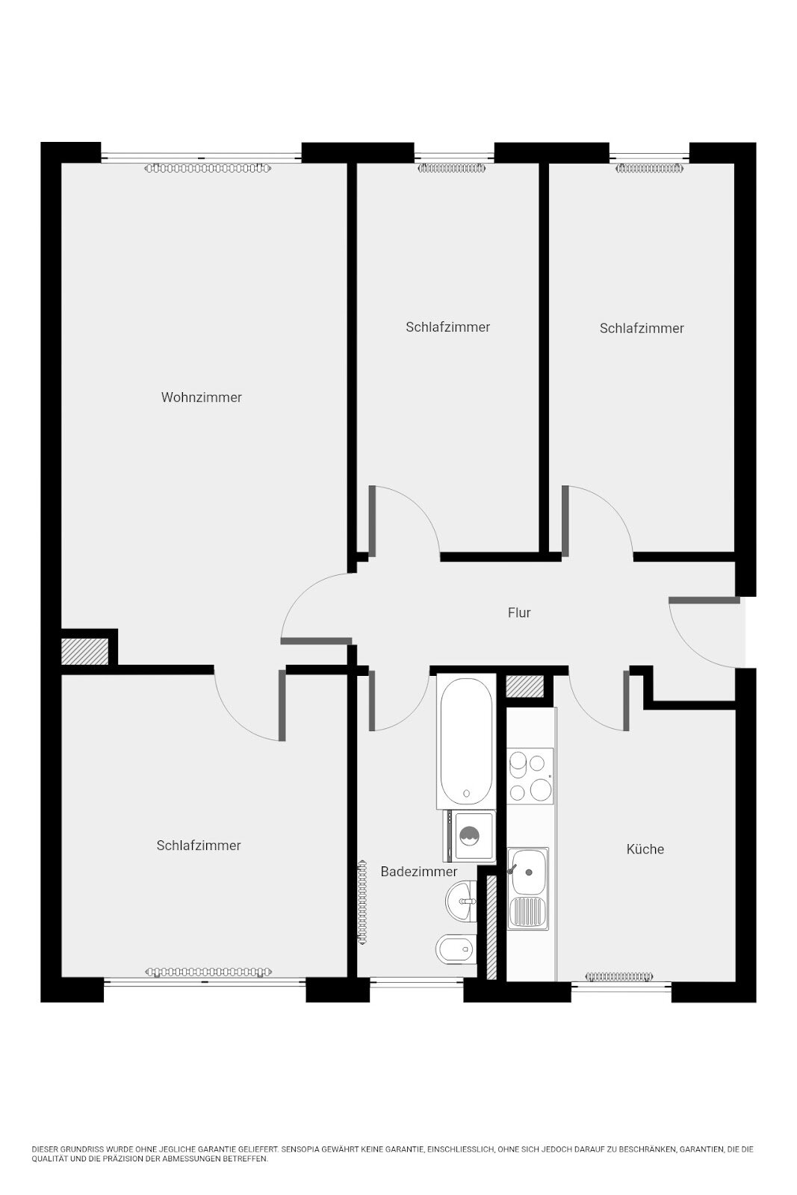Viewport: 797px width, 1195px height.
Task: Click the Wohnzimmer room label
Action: coord(201,397)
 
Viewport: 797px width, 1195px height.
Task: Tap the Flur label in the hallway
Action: coord(519,612)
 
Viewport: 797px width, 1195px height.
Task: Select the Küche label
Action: coord(645,848)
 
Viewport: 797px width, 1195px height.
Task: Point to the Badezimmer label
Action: coord(419,871)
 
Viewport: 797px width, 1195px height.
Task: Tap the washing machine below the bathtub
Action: coord(469,836)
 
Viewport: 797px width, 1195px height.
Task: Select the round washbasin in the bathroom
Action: coord(459,901)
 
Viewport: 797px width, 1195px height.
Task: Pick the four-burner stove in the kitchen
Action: coord(530,776)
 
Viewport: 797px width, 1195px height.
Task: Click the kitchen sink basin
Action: coord(528,872)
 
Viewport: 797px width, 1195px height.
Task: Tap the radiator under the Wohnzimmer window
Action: coord(208,169)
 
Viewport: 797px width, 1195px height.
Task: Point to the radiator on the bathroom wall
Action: coord(363,903)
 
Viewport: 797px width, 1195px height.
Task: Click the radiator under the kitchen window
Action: coord(618,977)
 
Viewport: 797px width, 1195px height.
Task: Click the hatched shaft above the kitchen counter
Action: coord(524,686)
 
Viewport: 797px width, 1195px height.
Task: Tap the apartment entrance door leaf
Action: coord(704,600)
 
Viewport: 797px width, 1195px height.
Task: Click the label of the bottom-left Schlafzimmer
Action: coord(199,845)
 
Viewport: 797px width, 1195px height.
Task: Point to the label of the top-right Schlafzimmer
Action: coord(642,328)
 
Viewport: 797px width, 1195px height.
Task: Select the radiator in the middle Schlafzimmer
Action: coord(453,169)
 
